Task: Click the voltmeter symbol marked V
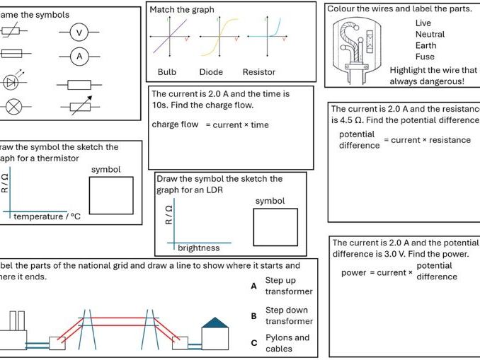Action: click(x=79, y=33)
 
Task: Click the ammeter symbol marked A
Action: click(x=79, y=57)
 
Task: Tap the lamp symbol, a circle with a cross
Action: click(x=13, y=108)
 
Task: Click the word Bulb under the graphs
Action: click(x=167, y=72)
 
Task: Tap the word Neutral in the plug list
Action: click(x=430, y=34)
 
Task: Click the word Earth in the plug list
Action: click(x=426, y=45)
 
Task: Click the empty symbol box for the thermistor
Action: click(x=111, y=195)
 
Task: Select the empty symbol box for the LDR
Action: click(x=275, y=227)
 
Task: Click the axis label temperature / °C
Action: click(x=47, y=216)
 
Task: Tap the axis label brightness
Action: click(x=198, y=248)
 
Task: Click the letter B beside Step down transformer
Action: click(x=253, y=316)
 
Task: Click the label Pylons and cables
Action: click(x=287, y=343)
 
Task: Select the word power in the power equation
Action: click(x=353, y=272)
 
